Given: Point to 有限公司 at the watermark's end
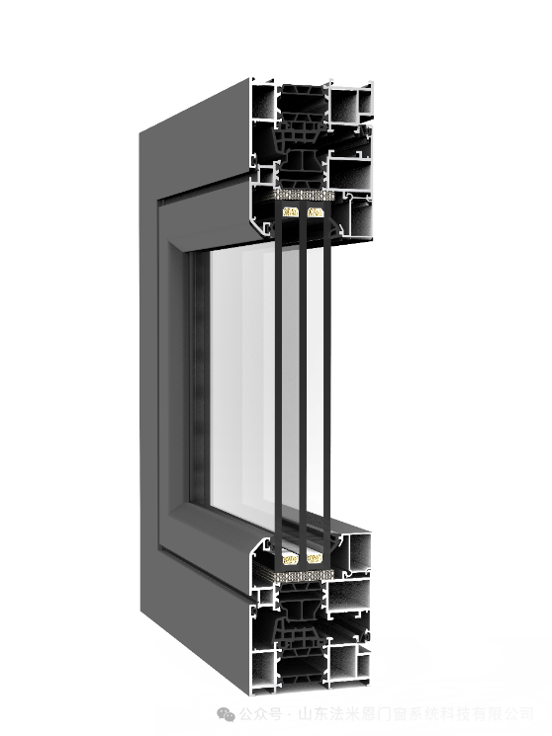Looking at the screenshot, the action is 506,714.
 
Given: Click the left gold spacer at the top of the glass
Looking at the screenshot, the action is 290,212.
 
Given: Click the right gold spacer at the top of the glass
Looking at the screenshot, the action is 315,212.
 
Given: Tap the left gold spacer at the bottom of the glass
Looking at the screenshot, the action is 290,558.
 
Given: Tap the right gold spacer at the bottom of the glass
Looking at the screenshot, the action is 314,558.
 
